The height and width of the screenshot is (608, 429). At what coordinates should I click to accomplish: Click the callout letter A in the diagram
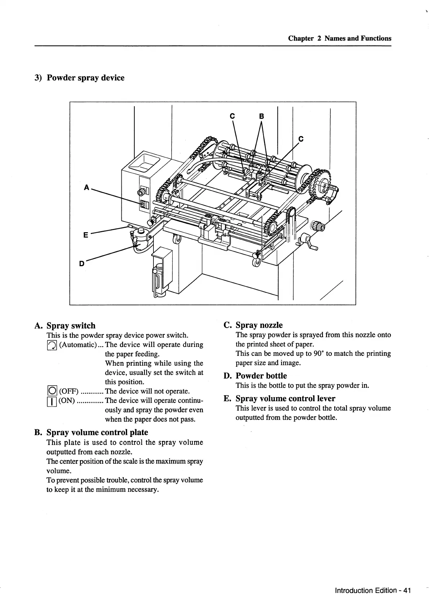(x=86, y=187)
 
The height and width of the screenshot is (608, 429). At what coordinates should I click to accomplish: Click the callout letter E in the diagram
(x=86, y=235)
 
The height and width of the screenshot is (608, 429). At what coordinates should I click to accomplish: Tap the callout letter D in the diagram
(x=82, y=264)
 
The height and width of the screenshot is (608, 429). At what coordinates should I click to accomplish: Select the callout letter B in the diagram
(x=261, y=116)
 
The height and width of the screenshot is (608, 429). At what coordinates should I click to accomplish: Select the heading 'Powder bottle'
(x=261, y=376)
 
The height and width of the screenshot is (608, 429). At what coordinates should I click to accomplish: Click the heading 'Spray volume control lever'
(x=285, y=399)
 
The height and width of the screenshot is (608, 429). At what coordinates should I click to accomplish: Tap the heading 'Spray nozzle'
(x=259, y=325)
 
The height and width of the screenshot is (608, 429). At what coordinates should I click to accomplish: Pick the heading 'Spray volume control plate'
(x=97, y=432)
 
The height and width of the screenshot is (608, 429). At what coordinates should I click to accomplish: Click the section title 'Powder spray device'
(x=86, y=78)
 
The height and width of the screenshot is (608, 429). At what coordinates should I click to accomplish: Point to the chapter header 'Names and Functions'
(x=357, y=38)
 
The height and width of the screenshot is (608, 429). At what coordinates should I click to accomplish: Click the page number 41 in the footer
(x=407, y=591)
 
